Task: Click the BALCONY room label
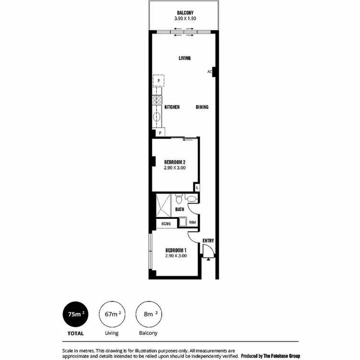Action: [x=185, y=12]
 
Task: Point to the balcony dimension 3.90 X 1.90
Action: [x=185, y=19]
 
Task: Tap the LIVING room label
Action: [x=185, y=58]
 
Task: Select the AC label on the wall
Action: [x=210, y=72]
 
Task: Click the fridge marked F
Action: [x=158, y=81]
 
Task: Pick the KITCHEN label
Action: [x=172, y=107]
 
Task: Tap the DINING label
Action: [x=202, y=107]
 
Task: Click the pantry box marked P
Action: [x=159, y=132]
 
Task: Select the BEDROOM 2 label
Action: [x=175, y=162]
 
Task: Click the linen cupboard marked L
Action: [x=197, y=187]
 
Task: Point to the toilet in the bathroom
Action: [x=179, y=198]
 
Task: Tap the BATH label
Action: [x=180, y=209]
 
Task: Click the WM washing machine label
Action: [x=192, y=222]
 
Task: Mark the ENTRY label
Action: [x=208, y=240]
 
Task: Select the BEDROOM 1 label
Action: [x=176, y=250]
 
